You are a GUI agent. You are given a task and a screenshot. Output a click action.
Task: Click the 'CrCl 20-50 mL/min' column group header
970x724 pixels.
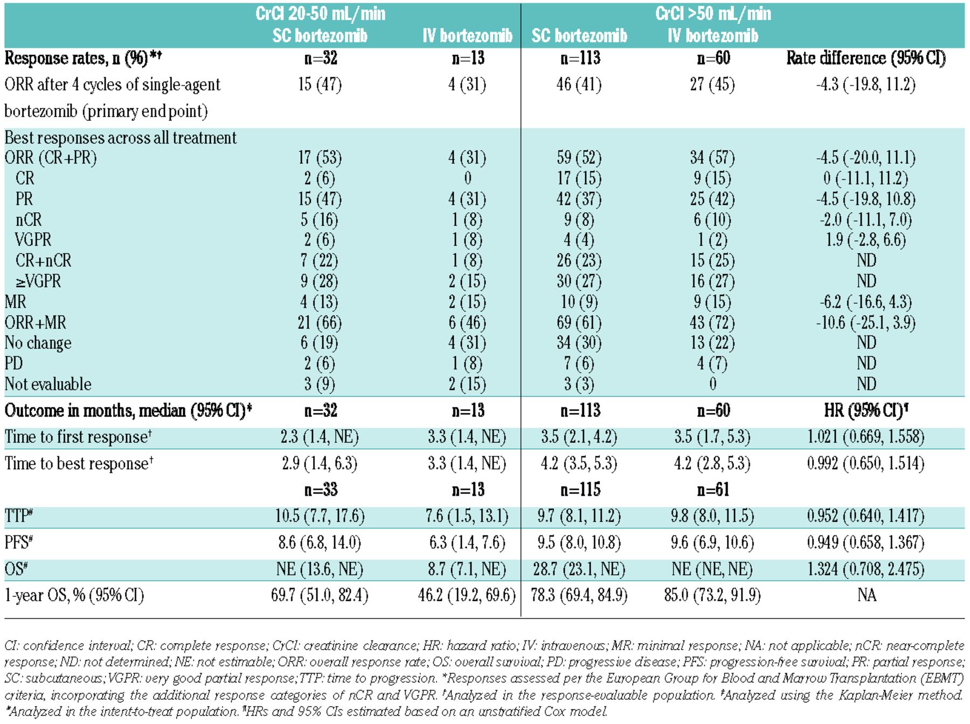click(320, 13)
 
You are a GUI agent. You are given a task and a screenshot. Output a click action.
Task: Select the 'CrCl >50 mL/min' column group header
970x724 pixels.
click(713, 13)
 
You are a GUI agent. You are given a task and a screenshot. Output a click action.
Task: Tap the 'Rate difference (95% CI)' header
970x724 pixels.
click(865, 58)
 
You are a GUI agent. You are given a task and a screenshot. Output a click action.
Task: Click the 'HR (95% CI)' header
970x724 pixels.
click(865, 410)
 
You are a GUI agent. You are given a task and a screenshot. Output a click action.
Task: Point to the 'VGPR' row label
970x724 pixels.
click(33, 240)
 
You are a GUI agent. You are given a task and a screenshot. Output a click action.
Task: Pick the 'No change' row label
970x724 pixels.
click(38, 343)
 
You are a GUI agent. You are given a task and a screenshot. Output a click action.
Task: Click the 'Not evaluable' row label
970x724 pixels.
click(48, 384)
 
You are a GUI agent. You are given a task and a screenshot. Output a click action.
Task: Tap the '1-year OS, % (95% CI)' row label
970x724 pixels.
click(74, 595)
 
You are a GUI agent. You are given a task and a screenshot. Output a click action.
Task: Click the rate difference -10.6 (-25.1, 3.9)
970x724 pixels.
click(865, 323)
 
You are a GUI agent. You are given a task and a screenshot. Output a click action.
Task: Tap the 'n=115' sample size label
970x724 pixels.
click(580, 490)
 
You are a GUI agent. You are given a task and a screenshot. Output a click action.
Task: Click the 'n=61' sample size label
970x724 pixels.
click(712, 490)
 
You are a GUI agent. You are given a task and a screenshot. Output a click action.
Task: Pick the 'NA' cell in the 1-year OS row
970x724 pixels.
click(867, 595)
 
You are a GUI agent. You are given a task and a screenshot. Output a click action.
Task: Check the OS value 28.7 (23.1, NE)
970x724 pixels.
click(579, 569)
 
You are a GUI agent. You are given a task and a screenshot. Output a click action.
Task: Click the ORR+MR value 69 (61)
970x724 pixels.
click(579, 323)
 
